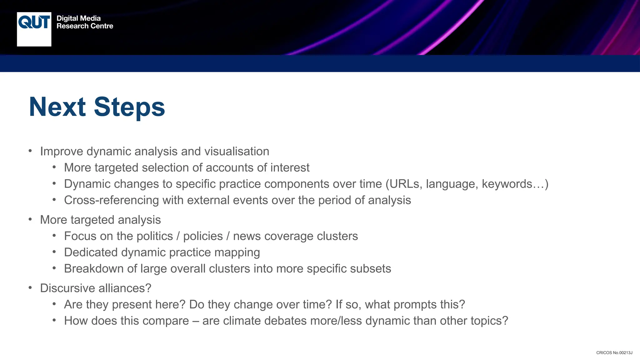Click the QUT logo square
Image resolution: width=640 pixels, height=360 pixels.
click(34, 29)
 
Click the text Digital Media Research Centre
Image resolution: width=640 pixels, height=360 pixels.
click(85, 22)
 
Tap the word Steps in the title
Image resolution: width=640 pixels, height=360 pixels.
click(129, 107)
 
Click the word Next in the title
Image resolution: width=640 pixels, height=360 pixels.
click(57, 107)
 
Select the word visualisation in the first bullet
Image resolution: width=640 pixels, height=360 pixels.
click(237, 152)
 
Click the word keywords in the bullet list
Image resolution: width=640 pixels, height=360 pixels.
click(507, 184)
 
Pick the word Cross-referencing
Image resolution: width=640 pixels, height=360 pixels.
click(111, 200)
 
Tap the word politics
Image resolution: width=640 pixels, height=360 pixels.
click(155, 236)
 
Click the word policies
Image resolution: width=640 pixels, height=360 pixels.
click(203, 236)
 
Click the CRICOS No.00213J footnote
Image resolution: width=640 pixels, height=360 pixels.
click(614, 353)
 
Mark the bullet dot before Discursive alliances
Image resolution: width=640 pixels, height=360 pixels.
click(30, 287)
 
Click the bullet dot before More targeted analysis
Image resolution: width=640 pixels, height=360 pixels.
click(30, 219)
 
